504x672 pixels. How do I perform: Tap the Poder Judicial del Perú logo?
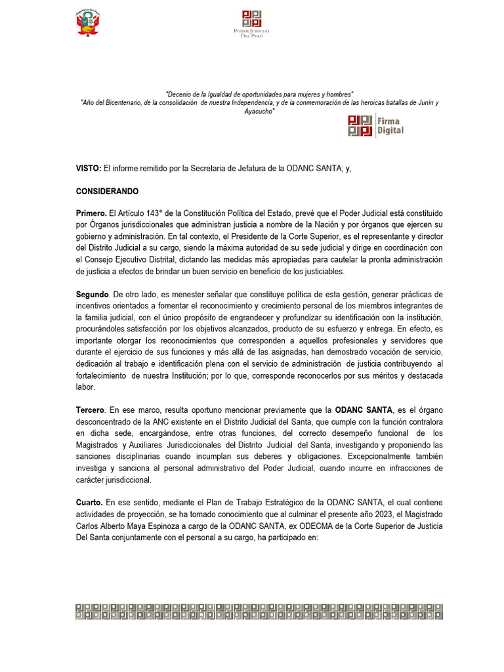[x=252, y=24]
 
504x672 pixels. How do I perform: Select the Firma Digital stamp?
[x=375, y=125]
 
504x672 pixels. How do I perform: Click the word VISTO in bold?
[x=89, y=169]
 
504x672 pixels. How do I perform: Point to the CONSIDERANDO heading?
[x=108, y=192]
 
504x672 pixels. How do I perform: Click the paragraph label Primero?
[x=91, y=214]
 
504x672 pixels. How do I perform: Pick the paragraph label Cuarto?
[x=90, y=502]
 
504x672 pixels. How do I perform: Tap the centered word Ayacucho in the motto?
[x=259, y=112]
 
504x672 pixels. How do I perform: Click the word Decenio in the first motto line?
[x=180, y=94]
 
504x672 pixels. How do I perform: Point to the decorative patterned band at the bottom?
[x=259, y=611]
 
